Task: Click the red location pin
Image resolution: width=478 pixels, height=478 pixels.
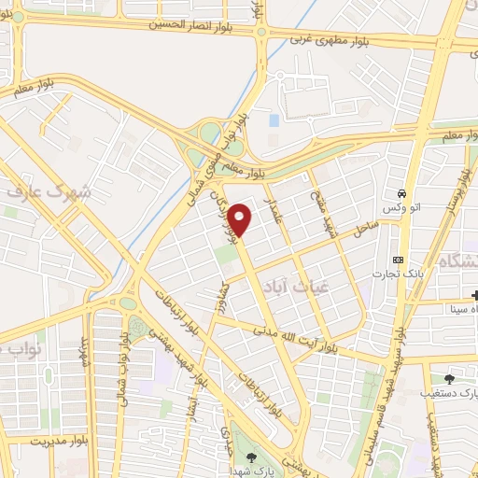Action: (x=241, y=218)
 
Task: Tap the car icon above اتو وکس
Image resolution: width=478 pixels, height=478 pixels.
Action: (x=401, y=184)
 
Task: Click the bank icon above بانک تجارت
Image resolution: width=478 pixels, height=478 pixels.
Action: (x=399, y=259)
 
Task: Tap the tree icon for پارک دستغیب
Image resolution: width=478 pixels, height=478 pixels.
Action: (x=449, y=379)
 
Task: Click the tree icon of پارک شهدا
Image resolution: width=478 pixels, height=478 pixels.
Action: (x=252, y=457)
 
